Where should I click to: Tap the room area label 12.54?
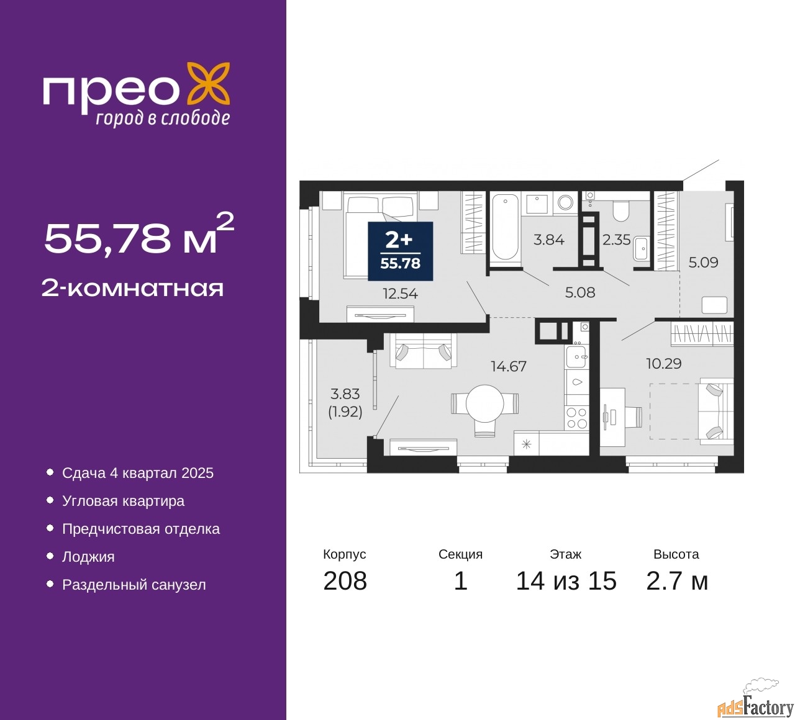tap(400, 294)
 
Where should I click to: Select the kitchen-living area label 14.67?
tap(509, 366)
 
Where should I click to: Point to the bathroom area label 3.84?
tap(548, 240)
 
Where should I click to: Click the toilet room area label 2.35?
tap(616, 240)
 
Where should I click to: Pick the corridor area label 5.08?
tap(580, 292)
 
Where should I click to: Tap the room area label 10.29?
tap(664, 363)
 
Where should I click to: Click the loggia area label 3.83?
tap(345, 394)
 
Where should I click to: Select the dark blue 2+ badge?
tap(400, 251)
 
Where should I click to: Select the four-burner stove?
tap(576, 418)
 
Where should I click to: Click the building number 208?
tap(345, 581)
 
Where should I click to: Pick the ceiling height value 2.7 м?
tap(677, 581)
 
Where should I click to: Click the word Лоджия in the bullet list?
tap(88, 557)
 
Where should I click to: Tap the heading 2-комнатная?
tap(133, 289)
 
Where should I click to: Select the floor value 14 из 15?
tap(566, 581)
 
